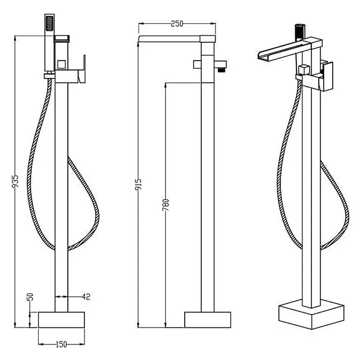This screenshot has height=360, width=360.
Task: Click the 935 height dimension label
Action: (15, 182)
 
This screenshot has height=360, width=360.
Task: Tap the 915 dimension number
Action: (139, 185)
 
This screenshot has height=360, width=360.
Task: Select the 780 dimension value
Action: (166, 205)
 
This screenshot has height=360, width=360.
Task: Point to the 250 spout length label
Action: (177, 24)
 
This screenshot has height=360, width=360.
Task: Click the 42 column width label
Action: (86, 296)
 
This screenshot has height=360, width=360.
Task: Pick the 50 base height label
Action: (31, 296)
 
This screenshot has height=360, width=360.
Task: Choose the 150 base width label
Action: (62, 344)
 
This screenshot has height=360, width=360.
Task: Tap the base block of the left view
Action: (62, 320)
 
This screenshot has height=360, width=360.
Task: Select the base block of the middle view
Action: (207, 320)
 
